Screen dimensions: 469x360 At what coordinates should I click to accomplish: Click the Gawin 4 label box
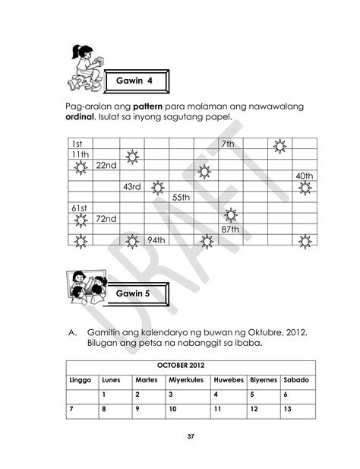(x=134, y=81)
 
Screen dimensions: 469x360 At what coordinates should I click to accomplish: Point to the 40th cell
(x=305, y=176)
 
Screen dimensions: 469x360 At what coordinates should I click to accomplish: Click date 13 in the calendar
(x=287, y=410)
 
